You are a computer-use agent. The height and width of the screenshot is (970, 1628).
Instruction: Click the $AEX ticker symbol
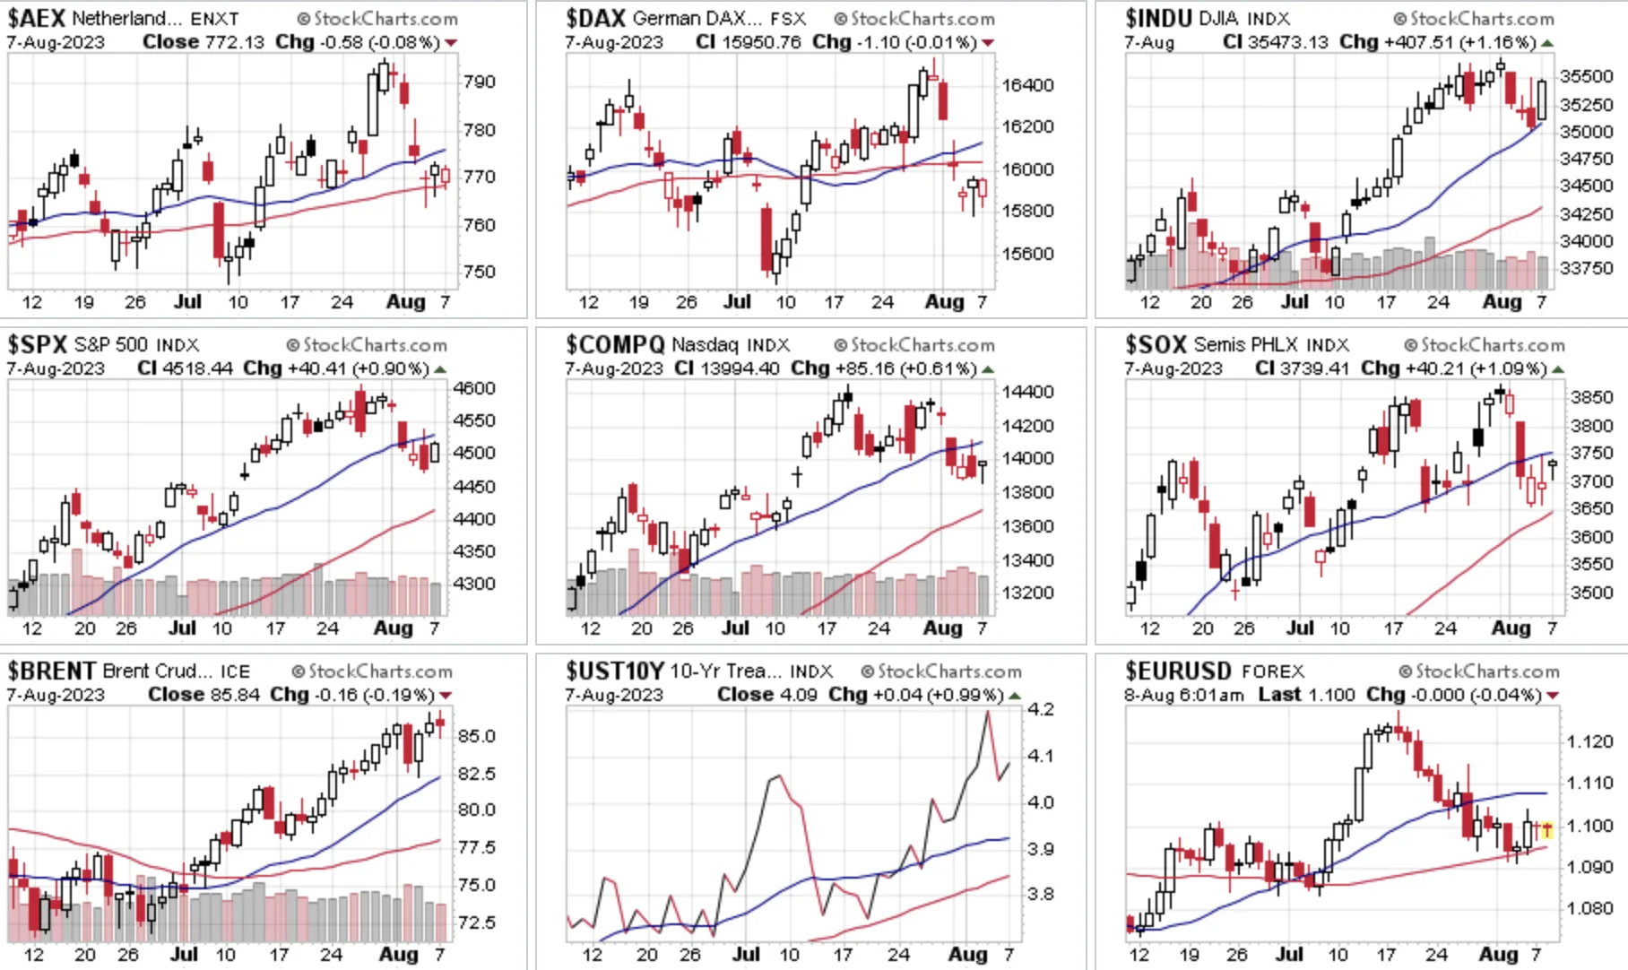click(37, 18)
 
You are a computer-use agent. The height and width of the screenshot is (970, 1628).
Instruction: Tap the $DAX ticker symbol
click(595, 18)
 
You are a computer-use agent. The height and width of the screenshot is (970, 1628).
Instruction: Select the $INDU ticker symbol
click(1158, 18)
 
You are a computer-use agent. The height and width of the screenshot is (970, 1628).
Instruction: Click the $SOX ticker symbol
click(1156, 344)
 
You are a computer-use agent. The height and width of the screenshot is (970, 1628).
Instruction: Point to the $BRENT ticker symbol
click(52, 671)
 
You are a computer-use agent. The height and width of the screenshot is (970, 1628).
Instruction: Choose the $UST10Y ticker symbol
click(615, 671)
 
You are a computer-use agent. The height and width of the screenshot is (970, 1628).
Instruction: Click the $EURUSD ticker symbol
click(1178, 671)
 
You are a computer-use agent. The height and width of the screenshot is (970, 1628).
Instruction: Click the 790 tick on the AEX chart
click(480, 82)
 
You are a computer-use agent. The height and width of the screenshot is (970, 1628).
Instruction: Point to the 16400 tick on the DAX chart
click(1027, 85)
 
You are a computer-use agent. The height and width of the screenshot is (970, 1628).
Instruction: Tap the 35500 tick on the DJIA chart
click(1586, 76)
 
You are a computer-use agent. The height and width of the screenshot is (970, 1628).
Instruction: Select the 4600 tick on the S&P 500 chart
click(474, 388)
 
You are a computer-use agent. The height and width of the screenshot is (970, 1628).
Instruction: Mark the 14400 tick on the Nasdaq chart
click(1027, 392)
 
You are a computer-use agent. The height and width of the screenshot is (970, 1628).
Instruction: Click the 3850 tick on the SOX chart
click(1591, 397)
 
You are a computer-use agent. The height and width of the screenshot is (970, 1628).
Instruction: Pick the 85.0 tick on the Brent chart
click(476, 736)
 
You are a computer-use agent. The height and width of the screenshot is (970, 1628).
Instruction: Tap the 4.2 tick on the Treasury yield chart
click(1040, 709)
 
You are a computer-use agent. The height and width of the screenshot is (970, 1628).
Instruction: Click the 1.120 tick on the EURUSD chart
click(1590, 741)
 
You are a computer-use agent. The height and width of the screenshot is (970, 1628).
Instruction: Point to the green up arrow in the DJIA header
click(1547, 43)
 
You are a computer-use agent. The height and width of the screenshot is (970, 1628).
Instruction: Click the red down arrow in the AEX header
click(451, 43)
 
